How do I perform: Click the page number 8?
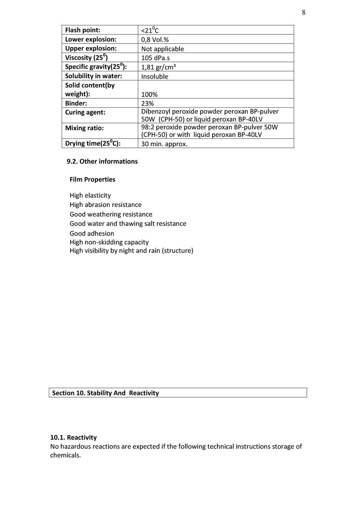click(x=303, y=12)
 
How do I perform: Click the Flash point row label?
click(x=82, y=30)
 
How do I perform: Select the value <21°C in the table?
click(x=150, y=30)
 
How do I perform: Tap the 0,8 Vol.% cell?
click(x=155, y=40)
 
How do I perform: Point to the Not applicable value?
click(x=162, y=49)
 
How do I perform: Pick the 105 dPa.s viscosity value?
click(x=155, y=58)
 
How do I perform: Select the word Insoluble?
click(x=154, y=76)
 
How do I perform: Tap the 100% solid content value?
click(x=149, y=94)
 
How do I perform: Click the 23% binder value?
click(x=147, y=103)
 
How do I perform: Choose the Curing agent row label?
click(x=85, y=112)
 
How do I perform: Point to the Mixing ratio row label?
click(x=84, y=128)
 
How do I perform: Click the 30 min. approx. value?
click(x=164, y=144)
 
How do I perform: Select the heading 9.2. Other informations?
click(x=102, y=162)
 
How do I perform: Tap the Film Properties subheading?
click(x=92, y=180)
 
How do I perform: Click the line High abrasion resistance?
click(x=105, y=205)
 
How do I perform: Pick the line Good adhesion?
click(x=92, y=233)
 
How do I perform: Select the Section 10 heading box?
click(x=178, y=393)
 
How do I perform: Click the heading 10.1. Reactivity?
click(x=73, y=438)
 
